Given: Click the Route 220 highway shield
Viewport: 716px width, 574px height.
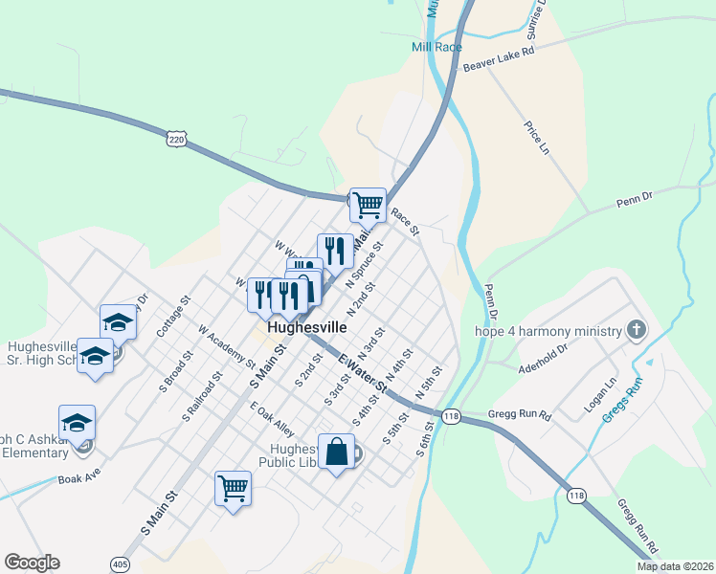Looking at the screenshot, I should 175,140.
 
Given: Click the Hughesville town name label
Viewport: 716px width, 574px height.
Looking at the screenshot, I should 307,326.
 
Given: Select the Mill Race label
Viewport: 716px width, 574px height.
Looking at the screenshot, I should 436,46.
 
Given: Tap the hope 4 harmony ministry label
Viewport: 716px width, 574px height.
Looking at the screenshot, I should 548,332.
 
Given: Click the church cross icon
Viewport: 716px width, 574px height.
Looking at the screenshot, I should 635,331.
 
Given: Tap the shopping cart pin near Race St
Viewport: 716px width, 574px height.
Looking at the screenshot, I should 368,204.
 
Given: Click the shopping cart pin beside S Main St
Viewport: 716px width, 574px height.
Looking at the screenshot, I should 233,488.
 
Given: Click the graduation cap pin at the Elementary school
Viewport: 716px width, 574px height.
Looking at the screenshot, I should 78,421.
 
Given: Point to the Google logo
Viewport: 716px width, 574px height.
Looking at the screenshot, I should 32,563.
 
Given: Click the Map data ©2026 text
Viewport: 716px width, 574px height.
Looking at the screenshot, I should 674,566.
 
